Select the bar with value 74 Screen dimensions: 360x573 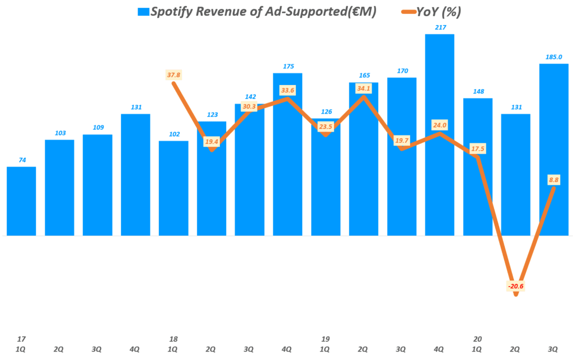tap(21, 201)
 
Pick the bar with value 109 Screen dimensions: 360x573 tap(97, 185)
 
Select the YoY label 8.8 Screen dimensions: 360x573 tap(553, 180)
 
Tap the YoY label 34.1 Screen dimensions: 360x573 tap(364, 88)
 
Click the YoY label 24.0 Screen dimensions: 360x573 tap(439, 125)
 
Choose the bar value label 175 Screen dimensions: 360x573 tap(288, 67)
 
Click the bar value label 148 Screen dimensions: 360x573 tap(478, 91)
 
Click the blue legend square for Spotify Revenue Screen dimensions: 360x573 tap(144, 12)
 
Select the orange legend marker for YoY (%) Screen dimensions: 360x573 tap(407, 12)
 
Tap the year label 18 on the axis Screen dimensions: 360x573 tap(173, 339)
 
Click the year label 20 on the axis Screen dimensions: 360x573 tap(477, 339)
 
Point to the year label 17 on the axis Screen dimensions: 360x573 tap(21, 339)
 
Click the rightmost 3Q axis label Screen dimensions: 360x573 tap(553, 349)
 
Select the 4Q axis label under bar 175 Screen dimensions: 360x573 tap(287, 349)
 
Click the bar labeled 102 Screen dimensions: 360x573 tap(173, 188)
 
